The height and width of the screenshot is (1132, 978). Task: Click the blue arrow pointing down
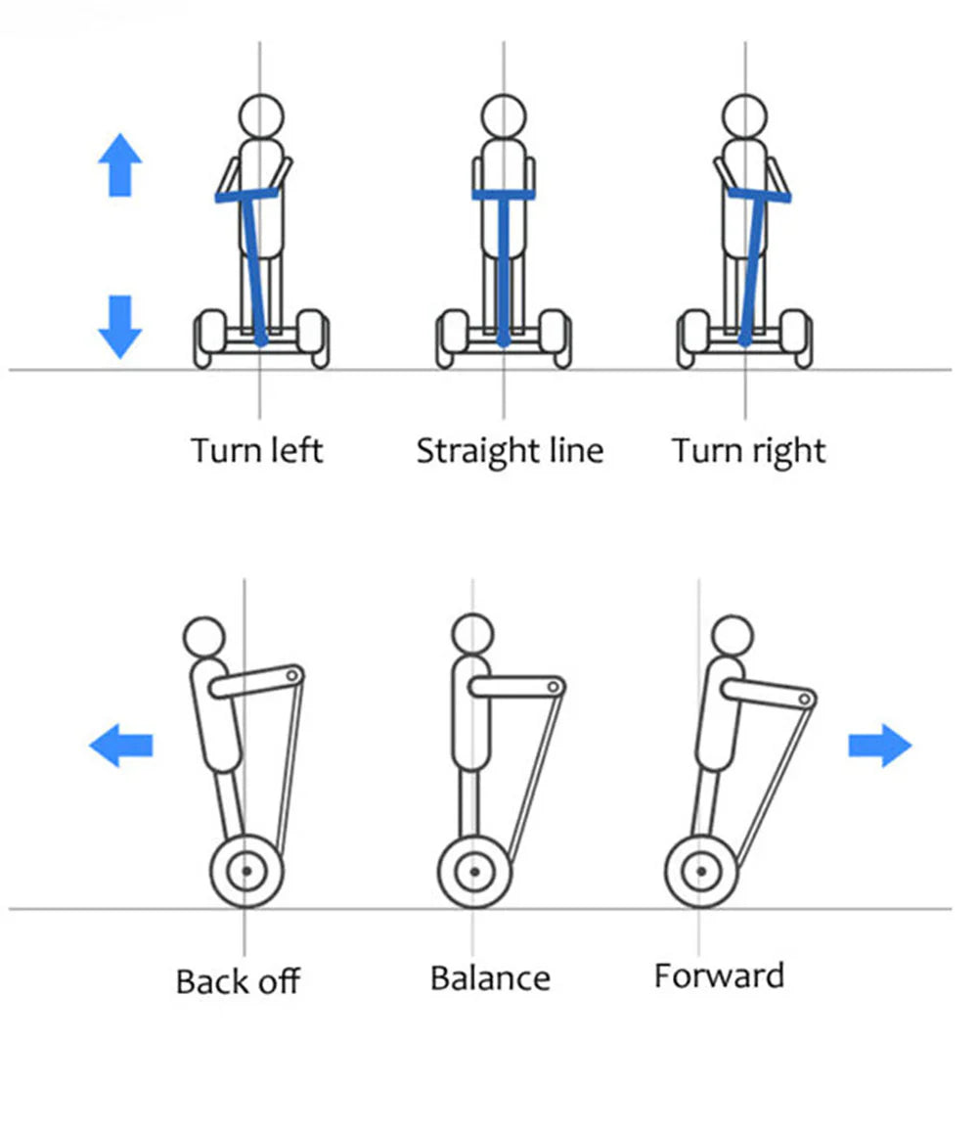coord(120,326)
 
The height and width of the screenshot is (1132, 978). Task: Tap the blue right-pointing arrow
coord(879,746)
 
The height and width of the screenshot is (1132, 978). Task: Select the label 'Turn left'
coord(256,451)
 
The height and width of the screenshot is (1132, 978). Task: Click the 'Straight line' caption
coord(510,451)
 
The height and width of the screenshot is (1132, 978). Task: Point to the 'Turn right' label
coord(748,451)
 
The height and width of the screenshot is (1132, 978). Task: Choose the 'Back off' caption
coord(238,980)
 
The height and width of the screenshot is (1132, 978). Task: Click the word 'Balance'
coord(490,977)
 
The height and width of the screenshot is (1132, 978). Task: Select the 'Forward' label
coord(719,975)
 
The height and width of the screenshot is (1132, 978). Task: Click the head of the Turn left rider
coord(260,114)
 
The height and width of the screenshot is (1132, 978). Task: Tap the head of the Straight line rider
coord(504,114)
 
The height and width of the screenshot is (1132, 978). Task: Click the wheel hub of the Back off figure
coord(246,871)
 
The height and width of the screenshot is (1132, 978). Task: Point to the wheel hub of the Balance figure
coord(474,871)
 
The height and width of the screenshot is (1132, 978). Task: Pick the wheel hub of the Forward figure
coord(701,871)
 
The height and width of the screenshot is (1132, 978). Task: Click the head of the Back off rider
coord(204,636)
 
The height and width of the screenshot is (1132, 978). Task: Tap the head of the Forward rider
coord(732,636)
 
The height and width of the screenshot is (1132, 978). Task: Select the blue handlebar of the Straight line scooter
coord(504,195)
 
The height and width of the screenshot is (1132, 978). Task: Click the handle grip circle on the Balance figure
coord(556,687)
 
